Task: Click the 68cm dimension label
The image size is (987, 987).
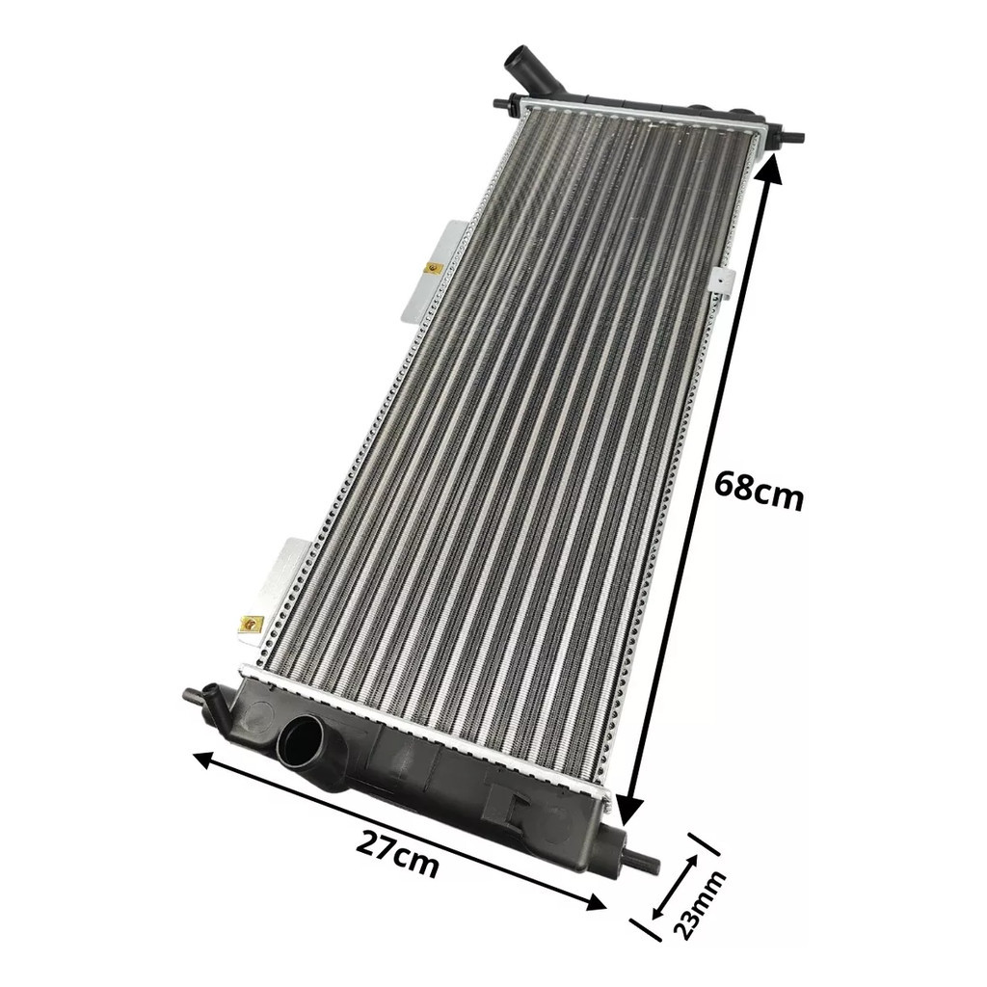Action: point(760,488)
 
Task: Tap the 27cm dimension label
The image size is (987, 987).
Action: point(396,853)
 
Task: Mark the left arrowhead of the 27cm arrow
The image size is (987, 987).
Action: point(206,760)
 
